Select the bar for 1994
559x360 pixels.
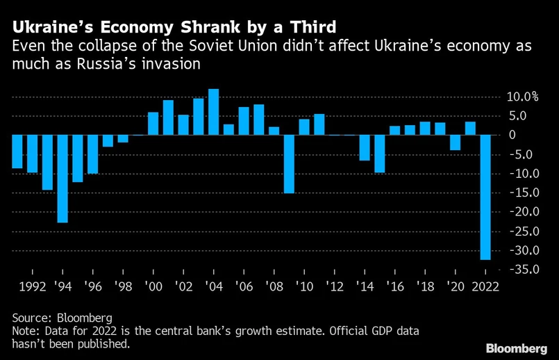(x=62, y=179)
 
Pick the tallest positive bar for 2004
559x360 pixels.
(x=214, y=112)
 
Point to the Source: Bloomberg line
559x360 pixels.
(x=62, y=318)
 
